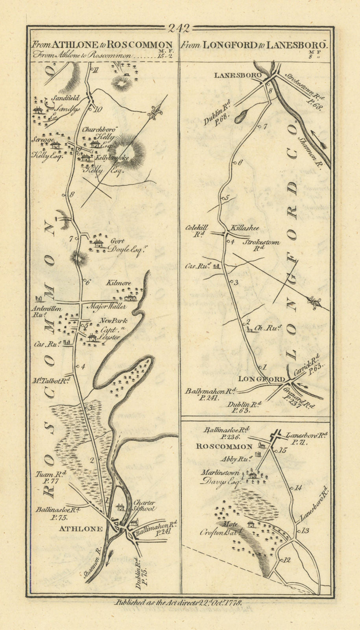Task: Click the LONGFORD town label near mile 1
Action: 261,379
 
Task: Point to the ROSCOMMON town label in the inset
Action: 224,447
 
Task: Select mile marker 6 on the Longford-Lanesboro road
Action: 241,162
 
